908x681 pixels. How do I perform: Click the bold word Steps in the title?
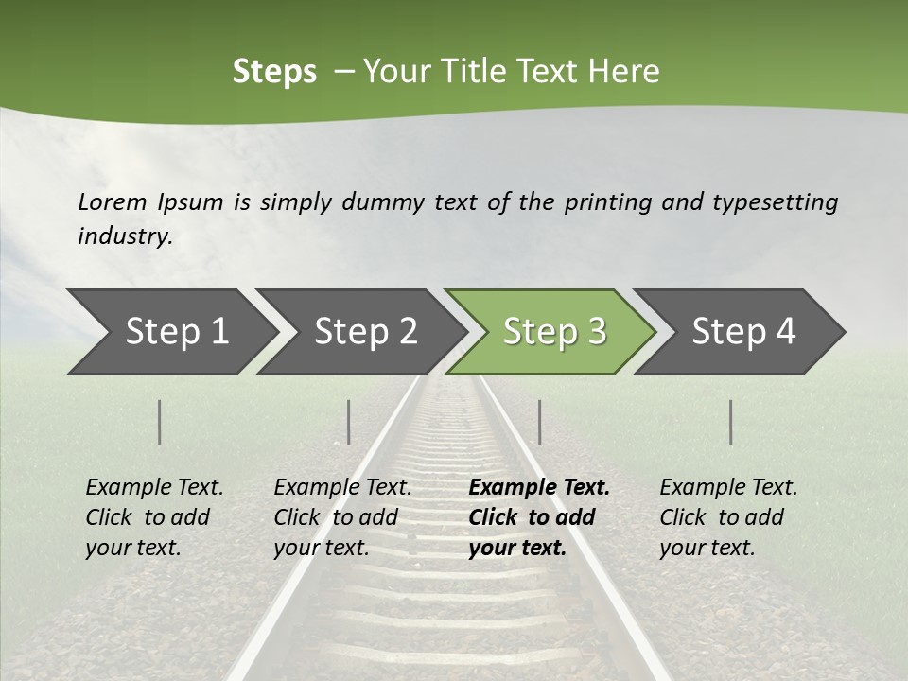point(274,72)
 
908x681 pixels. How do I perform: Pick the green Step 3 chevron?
point(554,331)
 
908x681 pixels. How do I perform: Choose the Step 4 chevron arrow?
point(743,331)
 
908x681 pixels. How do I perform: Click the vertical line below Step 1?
point(160,422)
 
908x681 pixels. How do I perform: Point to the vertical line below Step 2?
point(349,422)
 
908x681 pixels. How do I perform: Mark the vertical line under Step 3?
point(539,422)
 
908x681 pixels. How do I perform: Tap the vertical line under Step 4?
point(731,422)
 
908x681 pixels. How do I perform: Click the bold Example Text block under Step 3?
point(538,517)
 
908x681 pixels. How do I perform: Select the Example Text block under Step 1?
point(154,517)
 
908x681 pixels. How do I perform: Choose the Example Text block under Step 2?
point(342,517)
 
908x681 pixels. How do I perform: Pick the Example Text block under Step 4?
point(728,517)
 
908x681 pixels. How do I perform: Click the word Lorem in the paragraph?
point(113,201)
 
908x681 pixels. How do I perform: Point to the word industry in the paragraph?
point(124,236)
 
